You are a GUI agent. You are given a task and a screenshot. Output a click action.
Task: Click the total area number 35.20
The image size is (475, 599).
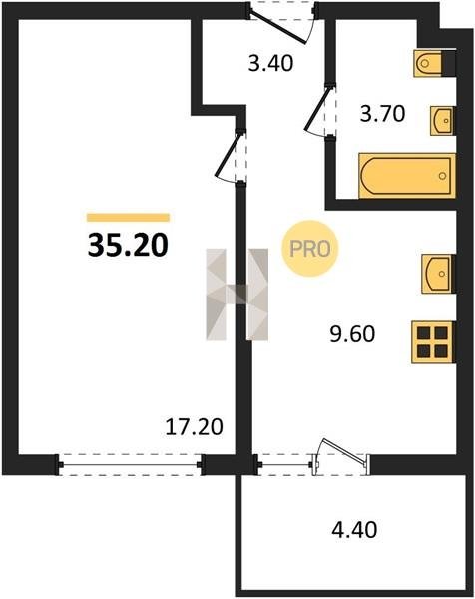point(128,245)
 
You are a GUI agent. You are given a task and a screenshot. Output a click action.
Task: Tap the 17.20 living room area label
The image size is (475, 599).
point(194,427)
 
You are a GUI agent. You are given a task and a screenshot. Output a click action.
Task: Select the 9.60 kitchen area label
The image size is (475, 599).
point(352,334)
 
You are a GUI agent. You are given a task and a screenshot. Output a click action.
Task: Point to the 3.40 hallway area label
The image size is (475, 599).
point(270,63)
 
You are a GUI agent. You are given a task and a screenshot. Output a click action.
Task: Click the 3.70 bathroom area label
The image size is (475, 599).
point(382,114)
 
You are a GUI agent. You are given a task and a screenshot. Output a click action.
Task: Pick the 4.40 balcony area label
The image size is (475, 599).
point(354,530)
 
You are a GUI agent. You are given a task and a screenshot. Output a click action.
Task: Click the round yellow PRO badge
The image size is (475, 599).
point(310,249)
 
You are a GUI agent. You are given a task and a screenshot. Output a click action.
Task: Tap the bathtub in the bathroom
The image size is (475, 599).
point(407,176)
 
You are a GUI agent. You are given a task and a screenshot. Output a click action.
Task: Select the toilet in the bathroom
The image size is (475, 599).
point(428,63)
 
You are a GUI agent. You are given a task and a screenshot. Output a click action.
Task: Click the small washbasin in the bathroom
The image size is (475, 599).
point(443,121)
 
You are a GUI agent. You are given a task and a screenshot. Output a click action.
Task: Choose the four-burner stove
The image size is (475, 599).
point(433,342)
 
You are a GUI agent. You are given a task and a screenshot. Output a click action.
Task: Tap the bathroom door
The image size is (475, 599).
point(319,110)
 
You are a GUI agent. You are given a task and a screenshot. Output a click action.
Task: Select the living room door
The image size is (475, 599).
point(230,155)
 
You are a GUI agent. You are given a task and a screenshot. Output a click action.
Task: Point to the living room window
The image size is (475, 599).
point(130,465)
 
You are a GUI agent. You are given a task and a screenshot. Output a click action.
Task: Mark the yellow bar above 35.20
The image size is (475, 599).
point(128,218)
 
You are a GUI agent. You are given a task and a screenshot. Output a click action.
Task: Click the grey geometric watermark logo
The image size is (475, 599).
point(237,295)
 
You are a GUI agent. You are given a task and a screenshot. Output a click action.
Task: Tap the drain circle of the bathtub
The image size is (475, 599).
point(442,176)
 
